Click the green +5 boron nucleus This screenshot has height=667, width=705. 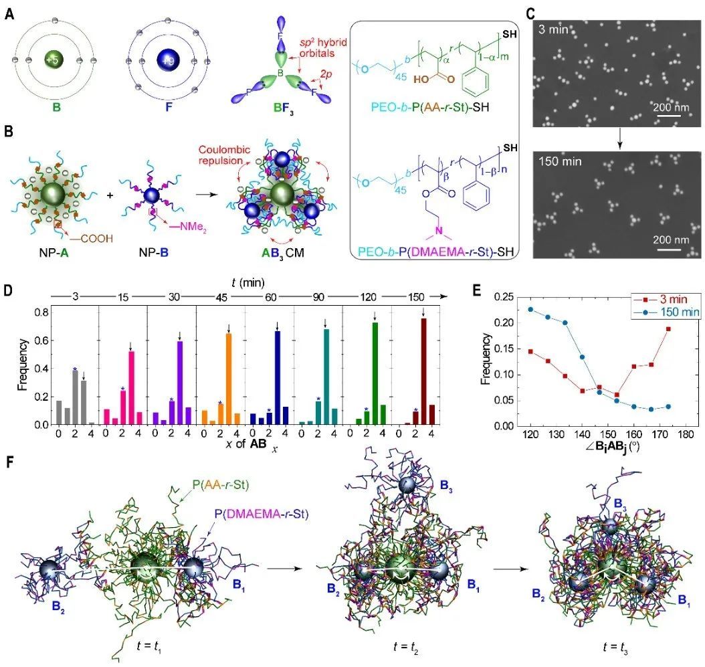(52, 60)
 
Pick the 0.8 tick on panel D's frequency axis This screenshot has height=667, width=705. (43, 310)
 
